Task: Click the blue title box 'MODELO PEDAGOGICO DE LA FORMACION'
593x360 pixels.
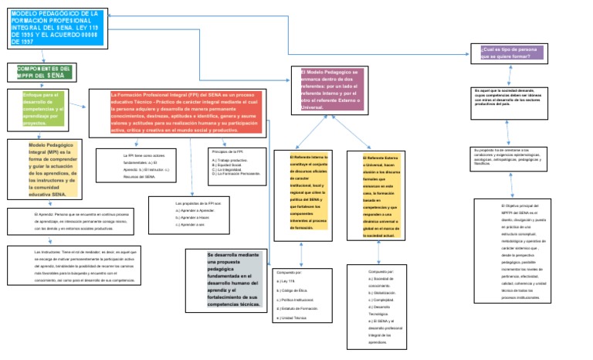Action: (x=55, y=29)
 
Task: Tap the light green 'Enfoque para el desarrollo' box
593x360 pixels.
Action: (x=44, y=108)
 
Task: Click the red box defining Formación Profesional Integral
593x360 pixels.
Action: (x=186, y=113)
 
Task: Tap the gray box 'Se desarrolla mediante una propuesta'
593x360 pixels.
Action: (x=225, y=280)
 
